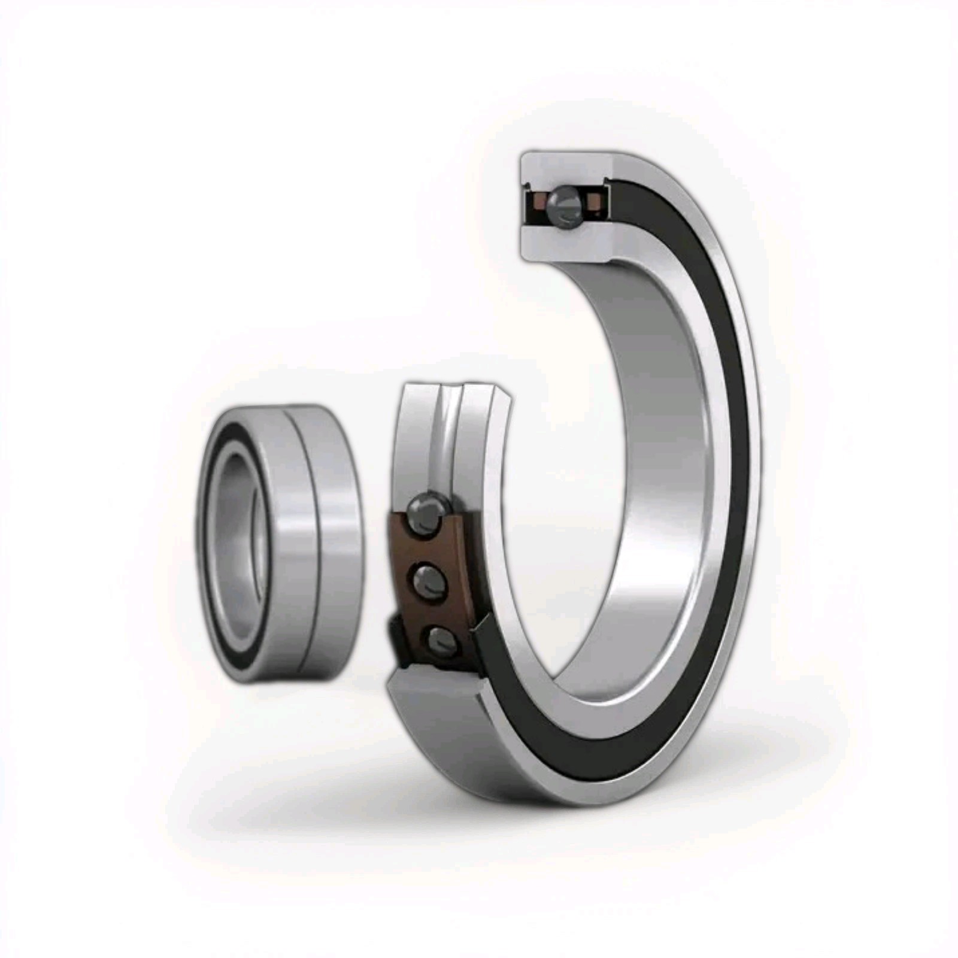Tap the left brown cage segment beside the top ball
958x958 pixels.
point(538,204)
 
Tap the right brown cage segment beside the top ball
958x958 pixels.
point(593,204)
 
